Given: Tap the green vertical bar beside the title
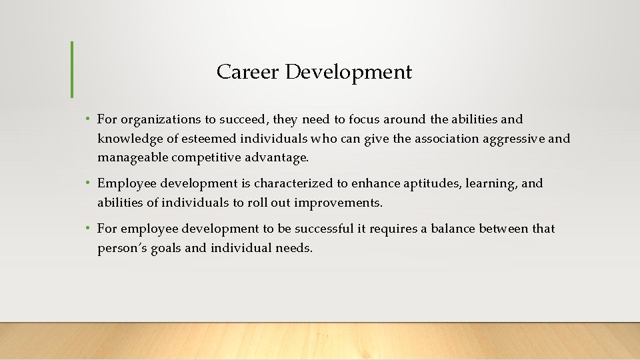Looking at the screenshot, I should pos(71,69).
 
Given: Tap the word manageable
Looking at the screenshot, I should pos(133,158).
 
